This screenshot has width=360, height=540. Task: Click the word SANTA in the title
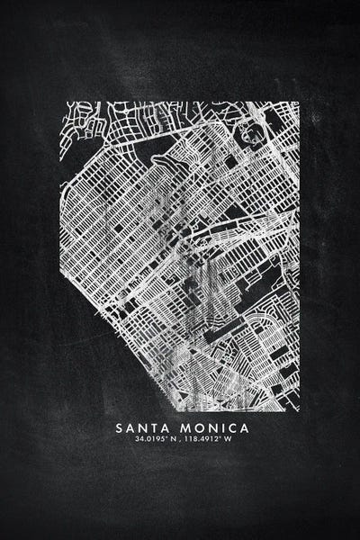pyautogui.click(x=142, y=427)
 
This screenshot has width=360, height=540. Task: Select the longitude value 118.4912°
pyautogui.click(x=205, y=440)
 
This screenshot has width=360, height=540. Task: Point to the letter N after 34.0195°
pyautogui.click(x=172, y=440)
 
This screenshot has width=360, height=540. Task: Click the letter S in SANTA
pyautogui.click(x=120, y=427)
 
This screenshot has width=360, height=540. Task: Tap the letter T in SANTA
pyautogui.click(x=153, y=427)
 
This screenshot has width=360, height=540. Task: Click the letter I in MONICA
pyautogui.click(x=220, y=427)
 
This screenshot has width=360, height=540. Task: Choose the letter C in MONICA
pyautogui.click(x=229, y=427)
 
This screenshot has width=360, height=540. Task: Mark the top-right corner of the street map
pyautogui.click(x=298, y=103)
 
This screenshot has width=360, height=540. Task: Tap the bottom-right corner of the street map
pyautogui.click(x=298, y=410)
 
